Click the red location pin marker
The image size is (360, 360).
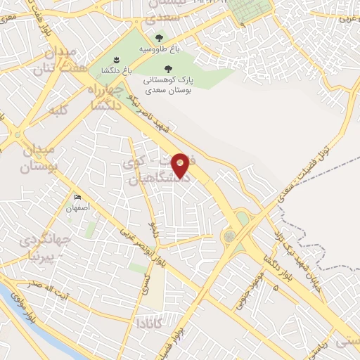coord(181,165)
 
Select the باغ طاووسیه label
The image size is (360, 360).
coord(157,49)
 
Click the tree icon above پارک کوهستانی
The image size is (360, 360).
coord(167,69)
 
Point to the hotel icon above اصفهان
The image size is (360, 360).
coord(77,198)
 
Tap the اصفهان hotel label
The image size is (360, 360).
coord(78,209)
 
